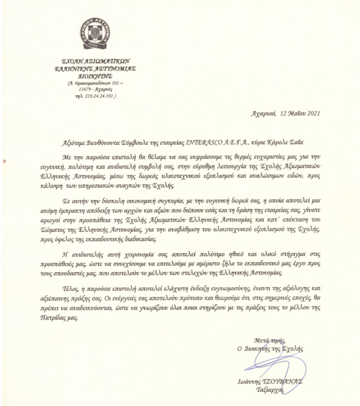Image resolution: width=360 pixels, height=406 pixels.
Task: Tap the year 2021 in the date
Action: (313, 113)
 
